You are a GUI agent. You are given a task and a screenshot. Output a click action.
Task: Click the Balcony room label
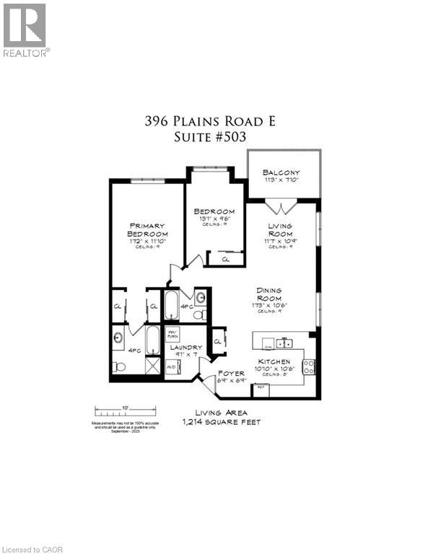click(281, 173)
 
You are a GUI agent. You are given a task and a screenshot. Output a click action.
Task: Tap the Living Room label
click(279, 231)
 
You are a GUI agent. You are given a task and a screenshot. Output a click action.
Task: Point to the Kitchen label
click(275, 361)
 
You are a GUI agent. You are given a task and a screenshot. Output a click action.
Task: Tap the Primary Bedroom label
click(147, 229)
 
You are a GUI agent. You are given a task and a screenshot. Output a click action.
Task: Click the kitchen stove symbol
click(309, 366)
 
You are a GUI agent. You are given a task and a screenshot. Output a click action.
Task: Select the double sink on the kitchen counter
click(284, 343)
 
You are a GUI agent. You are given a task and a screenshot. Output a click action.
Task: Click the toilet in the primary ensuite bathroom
click(119, 367)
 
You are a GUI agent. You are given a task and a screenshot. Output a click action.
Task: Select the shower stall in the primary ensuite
click(152, 366)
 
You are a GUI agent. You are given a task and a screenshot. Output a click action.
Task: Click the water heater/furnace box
click(172, 335)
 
